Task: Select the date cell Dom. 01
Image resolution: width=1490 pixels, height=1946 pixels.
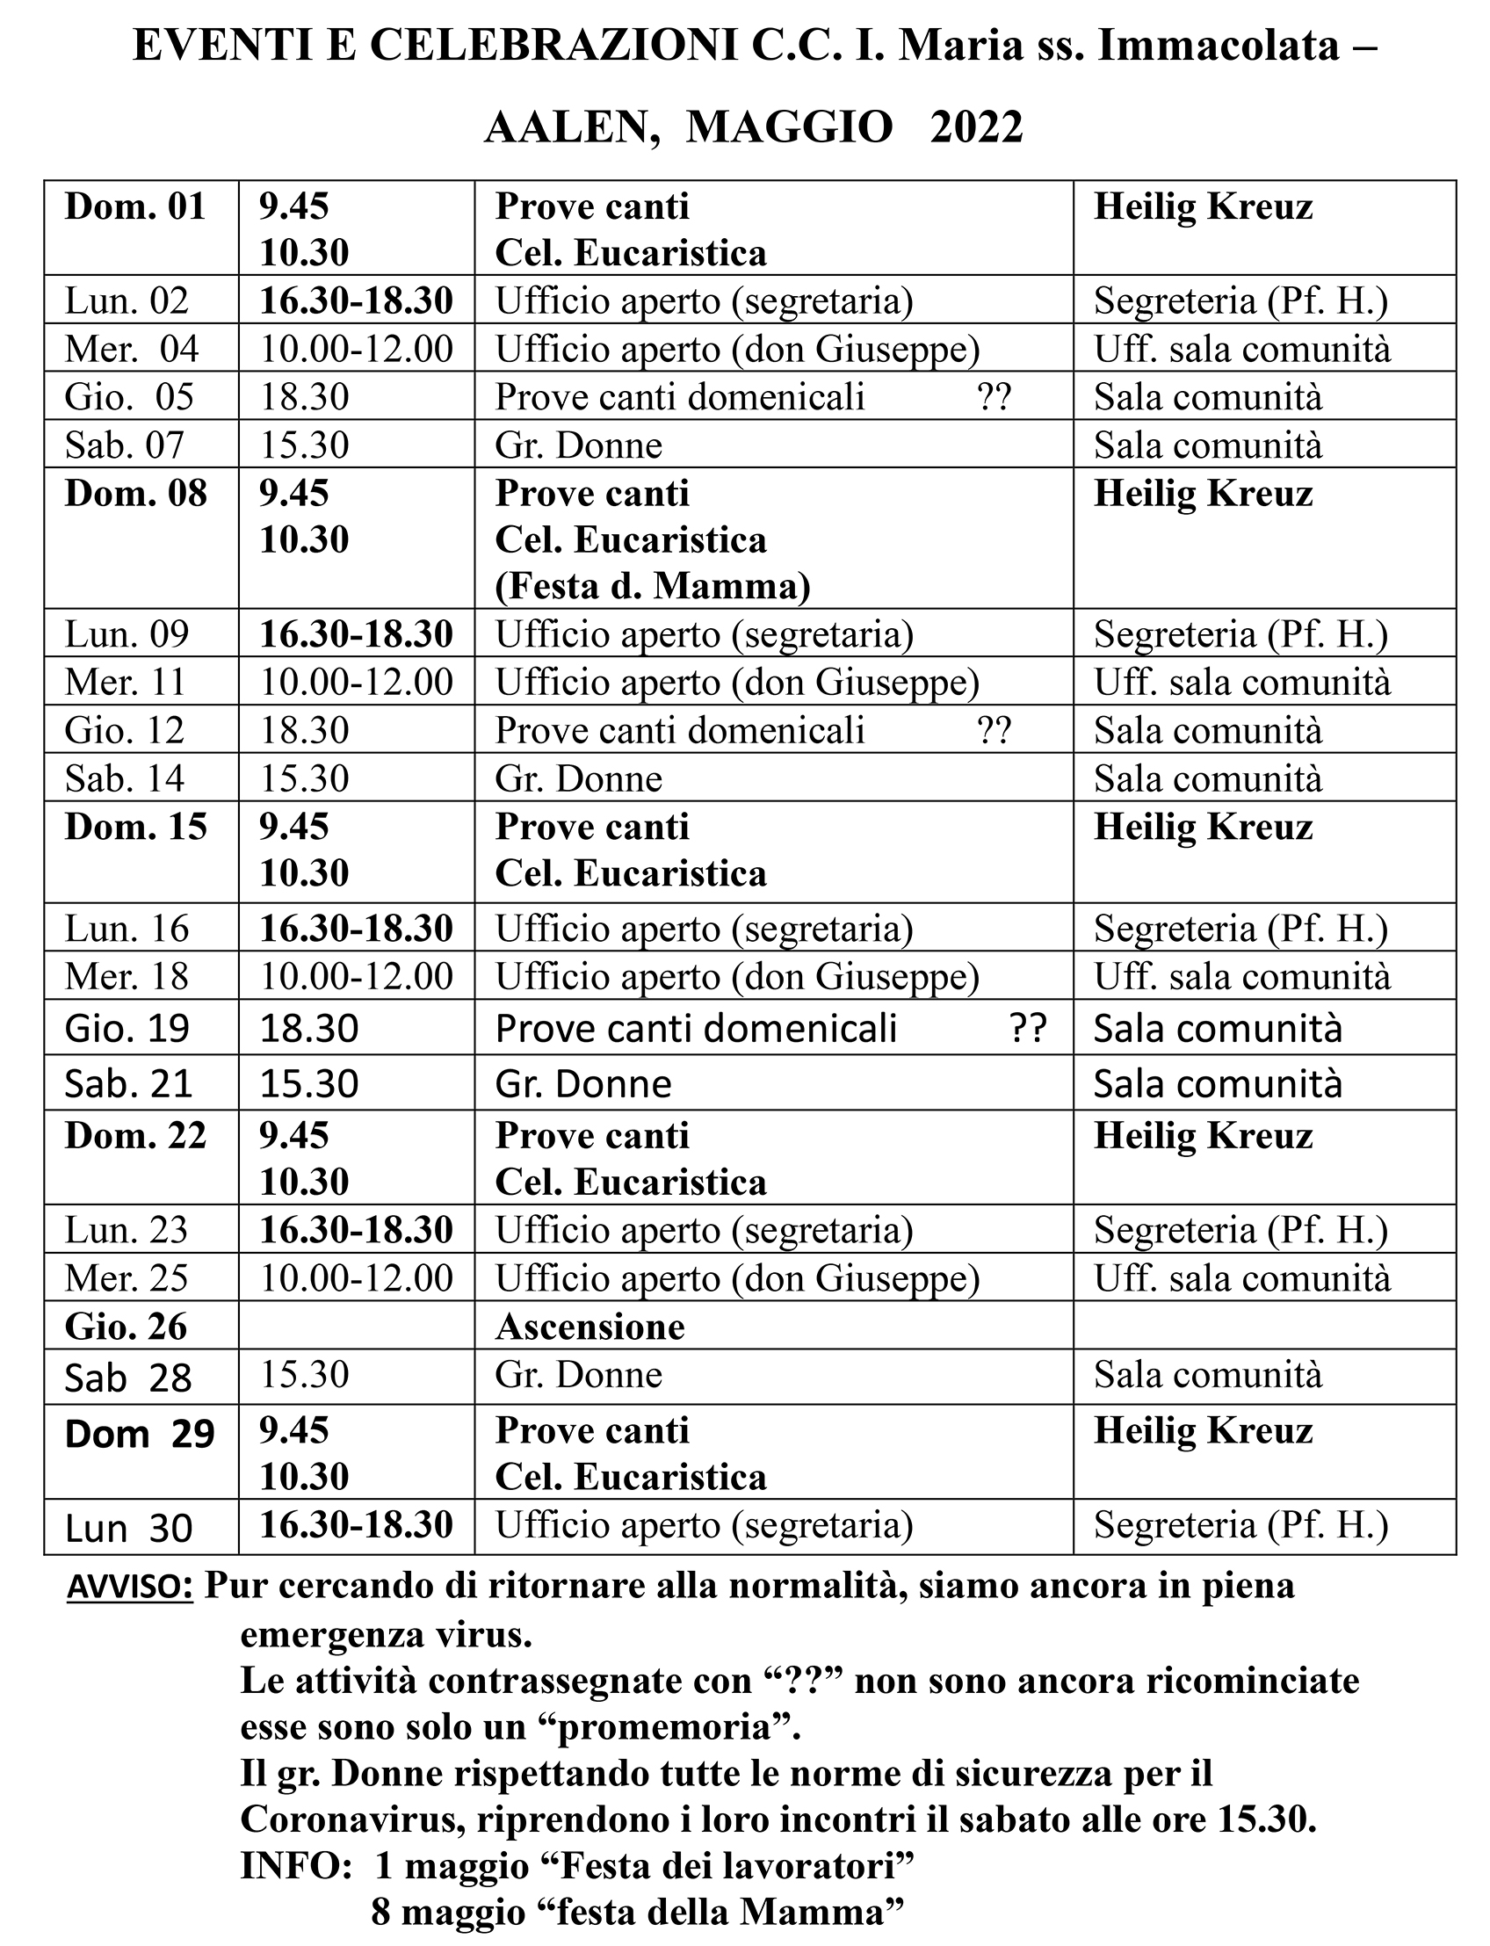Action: pyautogui.click(x=134, y=207)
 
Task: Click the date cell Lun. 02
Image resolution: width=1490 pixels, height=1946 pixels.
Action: pyautogui.click(x=127, y=300)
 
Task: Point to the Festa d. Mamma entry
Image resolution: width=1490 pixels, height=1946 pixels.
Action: pyautogui.click(x=653, y=586)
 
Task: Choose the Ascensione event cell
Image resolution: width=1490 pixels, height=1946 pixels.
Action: pyautogui.click(x=589, y=1327)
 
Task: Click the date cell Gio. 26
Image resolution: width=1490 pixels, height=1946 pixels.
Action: pyautogui.click(x=126, y=1327)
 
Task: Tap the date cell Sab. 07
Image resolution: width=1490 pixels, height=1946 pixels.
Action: pyautogui.click(x=124, y=445)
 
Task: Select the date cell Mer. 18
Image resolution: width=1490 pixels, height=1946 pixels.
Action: pyautogui.click(x=127, y=977)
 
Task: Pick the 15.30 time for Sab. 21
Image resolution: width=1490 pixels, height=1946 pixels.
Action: pyautogui.click(x=308, y=1083)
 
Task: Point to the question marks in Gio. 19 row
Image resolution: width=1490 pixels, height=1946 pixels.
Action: pyautogui.click(x=1028, y=1029)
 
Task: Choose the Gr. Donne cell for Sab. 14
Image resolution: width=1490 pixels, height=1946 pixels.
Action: pyautogui.click(x=578, y=778)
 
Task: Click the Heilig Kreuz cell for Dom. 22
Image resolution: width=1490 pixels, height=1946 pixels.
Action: pyautogui.click(x=1203, y=1136)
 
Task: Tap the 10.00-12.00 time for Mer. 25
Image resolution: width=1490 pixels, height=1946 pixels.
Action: pyautogui.click(x=356, y=1278)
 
